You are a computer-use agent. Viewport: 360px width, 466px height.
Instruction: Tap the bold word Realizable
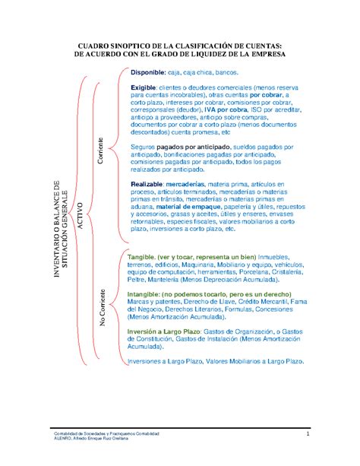coord(147,184)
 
